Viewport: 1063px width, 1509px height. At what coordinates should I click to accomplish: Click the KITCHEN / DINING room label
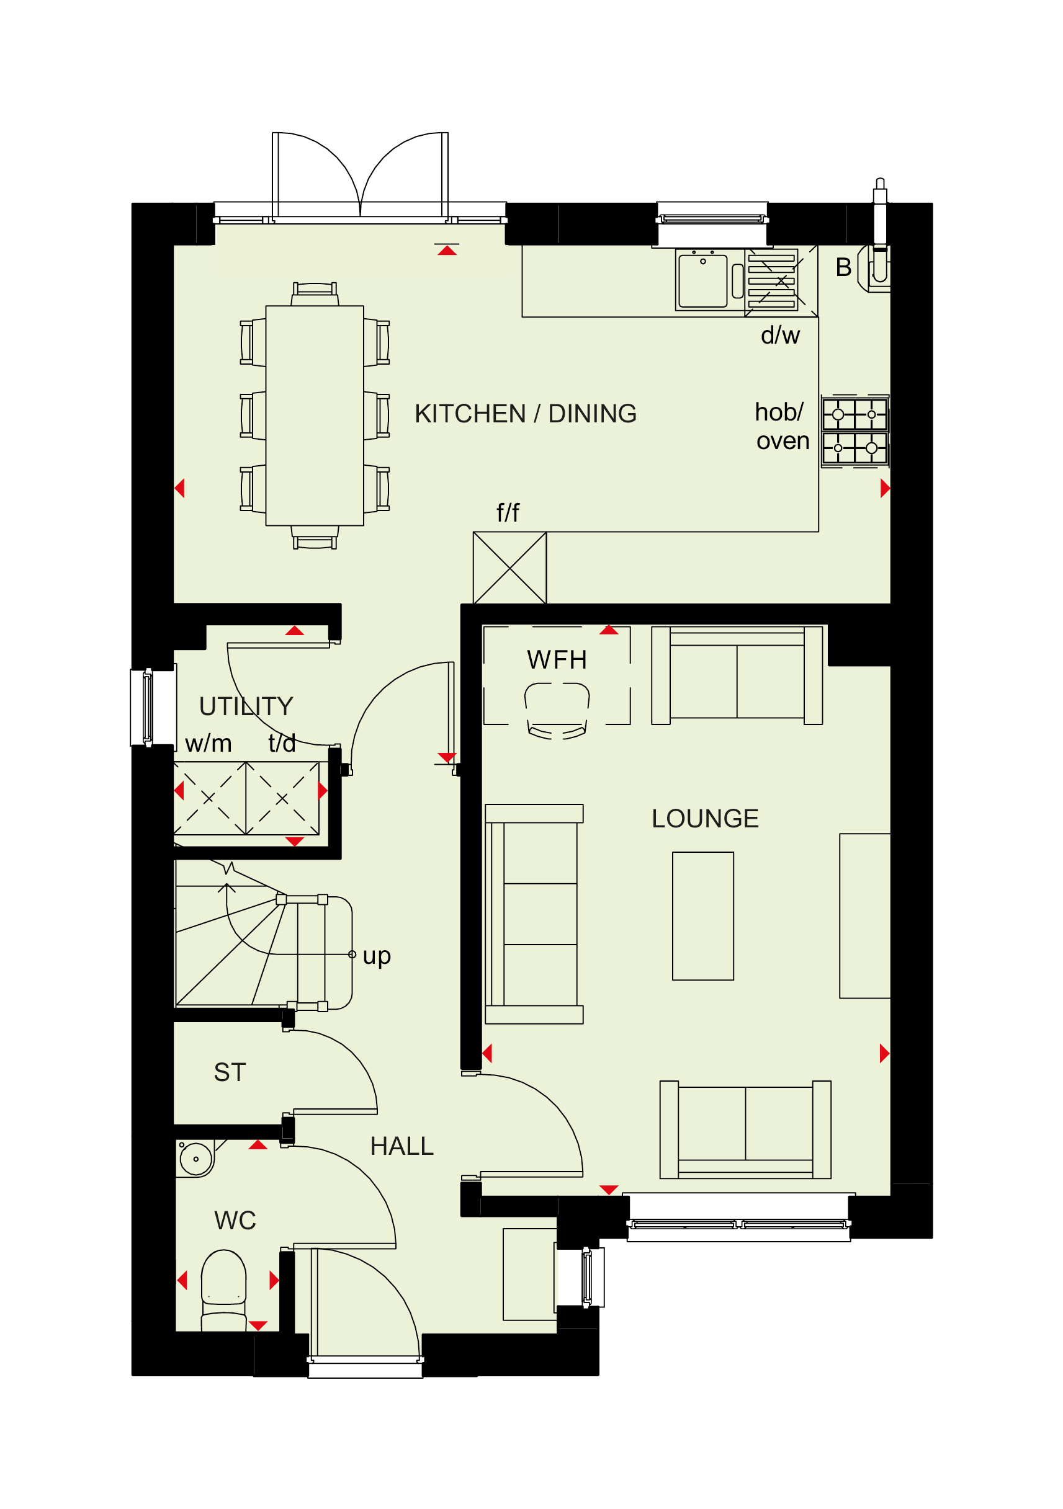[525, 414]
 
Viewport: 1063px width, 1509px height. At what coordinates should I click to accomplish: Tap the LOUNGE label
[706, 819]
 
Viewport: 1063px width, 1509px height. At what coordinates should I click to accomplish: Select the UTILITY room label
[246, 706]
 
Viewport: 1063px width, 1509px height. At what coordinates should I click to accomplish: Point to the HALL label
[401, 1146]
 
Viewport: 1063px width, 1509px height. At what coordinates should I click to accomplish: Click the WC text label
[235, 1221]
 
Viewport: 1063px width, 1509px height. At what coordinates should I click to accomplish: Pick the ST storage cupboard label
[230, 1072]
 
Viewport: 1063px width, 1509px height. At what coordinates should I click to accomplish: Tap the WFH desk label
[557, 660]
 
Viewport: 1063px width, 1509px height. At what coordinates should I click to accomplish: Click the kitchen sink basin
[702, 280]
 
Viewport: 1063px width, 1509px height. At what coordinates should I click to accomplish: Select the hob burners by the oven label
[854, 431]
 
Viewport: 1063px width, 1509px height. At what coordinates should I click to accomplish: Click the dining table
[314, 416]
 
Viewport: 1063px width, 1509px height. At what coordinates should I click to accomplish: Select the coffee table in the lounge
[702, 916]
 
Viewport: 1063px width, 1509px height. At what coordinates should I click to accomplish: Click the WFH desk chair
[557, 711]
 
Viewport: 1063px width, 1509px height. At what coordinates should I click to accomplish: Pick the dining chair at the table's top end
[315, 294]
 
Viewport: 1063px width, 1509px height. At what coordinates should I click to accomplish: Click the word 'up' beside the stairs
[377, 956]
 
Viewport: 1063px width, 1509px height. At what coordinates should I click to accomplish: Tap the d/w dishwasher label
[780, 335]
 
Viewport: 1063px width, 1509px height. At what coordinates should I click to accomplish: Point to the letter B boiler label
[843, 267]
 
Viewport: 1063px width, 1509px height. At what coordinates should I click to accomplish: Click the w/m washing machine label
[209, 743]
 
